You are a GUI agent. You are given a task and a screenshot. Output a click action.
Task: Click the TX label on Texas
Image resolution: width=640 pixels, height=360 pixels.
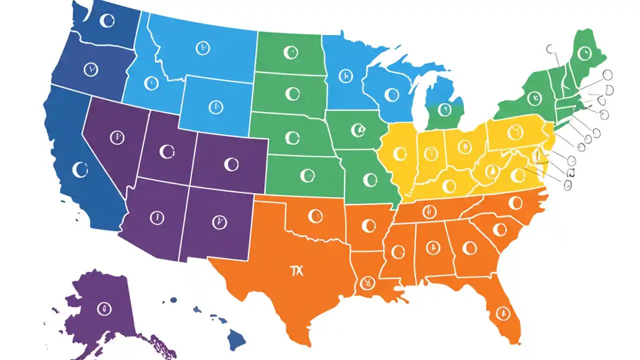297,270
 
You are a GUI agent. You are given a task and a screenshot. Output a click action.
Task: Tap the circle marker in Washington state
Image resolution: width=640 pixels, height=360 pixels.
107,20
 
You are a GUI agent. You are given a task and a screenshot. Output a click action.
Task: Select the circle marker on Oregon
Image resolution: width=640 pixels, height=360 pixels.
90,69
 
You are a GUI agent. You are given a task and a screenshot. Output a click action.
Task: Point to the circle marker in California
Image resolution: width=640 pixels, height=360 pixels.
79,170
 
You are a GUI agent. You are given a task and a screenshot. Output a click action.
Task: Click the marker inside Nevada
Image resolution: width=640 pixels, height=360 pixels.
116,137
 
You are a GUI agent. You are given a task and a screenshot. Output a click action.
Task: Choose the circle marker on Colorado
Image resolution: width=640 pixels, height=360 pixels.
231,163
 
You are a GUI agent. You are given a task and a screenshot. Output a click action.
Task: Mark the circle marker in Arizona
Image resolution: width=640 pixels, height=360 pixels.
156,217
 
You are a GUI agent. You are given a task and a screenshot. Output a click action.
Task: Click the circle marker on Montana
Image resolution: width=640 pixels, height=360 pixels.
201,48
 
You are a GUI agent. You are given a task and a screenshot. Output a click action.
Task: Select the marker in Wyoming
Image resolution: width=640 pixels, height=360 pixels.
215,106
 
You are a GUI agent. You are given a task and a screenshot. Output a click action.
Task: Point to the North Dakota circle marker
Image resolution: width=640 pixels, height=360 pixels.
290,52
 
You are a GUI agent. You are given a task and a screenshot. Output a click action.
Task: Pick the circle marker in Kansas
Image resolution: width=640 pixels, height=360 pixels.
307,175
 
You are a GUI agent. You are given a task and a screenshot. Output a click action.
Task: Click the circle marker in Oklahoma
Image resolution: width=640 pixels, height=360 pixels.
315,216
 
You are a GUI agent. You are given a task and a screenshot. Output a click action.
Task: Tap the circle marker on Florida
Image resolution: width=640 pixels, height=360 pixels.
502,313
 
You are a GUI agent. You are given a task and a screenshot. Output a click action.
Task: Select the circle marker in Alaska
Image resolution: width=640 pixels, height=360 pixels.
104,307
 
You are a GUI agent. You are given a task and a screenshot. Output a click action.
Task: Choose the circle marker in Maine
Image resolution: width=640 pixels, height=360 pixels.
583,52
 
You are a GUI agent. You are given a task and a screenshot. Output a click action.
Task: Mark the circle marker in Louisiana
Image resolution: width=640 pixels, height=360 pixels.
367,283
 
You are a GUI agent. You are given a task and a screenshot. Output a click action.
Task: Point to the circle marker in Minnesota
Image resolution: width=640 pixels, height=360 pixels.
344,76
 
